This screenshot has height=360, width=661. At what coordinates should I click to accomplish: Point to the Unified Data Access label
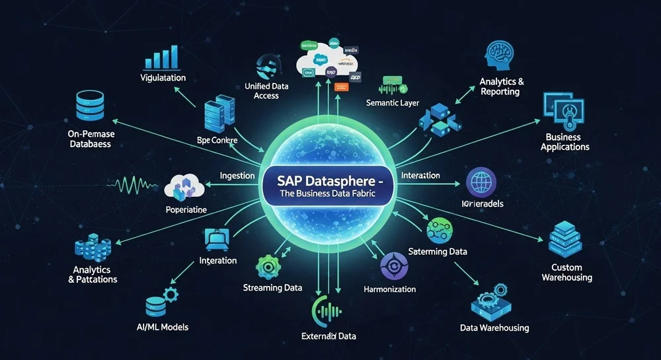click(x=266, y=90)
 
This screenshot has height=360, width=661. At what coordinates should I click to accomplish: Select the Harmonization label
click(x=390, y=289)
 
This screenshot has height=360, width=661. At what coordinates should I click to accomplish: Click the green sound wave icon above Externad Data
click(x=329, y=309)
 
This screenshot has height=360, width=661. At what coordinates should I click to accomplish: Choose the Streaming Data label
click(x=272, y=287)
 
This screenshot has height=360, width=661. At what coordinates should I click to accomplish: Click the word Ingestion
click(x=237, y=176)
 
